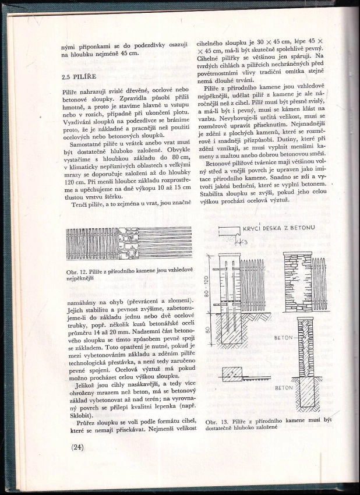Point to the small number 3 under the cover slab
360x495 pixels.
[246, 242]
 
